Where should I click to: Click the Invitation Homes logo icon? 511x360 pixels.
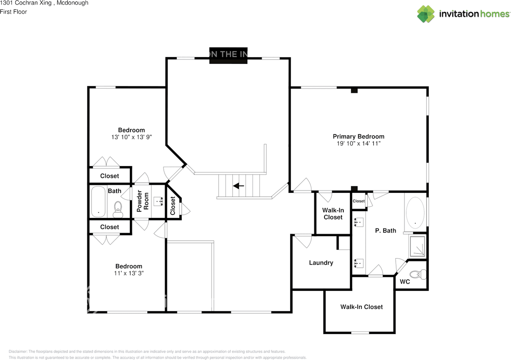click(x=426, y=14)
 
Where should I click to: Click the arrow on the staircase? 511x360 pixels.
click(x=239, y=186)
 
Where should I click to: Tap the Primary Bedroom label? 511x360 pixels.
click(x=358, y=136)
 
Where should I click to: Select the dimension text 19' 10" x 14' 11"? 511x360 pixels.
click(x=358, y=143)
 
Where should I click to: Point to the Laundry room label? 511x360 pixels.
click(x=321, y=263)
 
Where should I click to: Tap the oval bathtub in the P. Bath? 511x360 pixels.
click(x=415, y=212)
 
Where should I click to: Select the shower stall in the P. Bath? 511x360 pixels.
click(x=417, y=245)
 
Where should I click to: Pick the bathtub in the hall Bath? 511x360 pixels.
click(x=98, y=202)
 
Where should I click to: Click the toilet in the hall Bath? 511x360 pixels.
click(x=118, y=209)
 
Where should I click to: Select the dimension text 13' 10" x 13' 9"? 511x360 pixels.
click(x=131, y=137)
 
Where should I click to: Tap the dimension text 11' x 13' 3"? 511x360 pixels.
click(x=129, y=273)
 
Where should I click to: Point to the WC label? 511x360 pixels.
click(x=405, y=281)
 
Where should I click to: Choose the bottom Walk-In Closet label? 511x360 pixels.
click(x=361, y=307)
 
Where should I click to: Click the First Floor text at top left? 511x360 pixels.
click(x=14, y=12)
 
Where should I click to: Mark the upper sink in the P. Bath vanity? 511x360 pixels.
click(x=359, y=222)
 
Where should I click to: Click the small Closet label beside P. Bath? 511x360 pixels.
click(x=358, y=201)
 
